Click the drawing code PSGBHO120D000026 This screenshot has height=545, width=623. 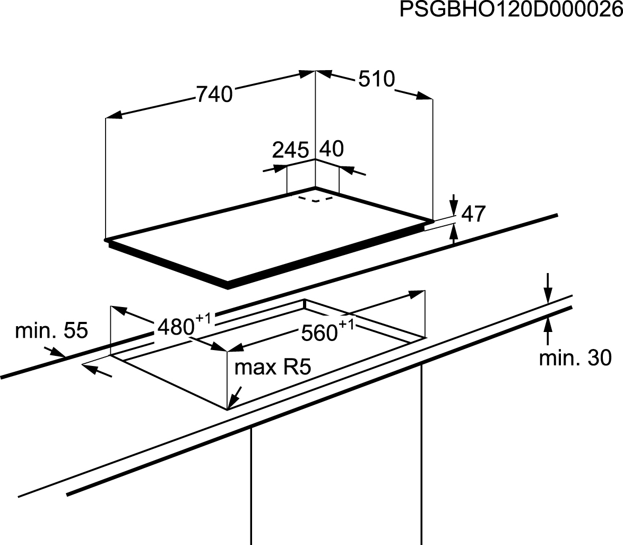[511, 9]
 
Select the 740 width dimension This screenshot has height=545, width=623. [214, 95]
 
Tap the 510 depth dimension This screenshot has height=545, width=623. [377, 79]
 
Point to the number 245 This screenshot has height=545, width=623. [290, 150]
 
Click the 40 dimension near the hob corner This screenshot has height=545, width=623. [332, 149]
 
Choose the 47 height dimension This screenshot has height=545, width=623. [473, 214]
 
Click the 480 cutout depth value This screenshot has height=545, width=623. [176, 327]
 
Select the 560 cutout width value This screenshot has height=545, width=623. [319, 333]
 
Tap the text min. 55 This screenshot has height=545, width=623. [51, 330]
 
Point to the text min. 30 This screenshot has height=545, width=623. [575, 358]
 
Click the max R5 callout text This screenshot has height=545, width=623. [273, 368]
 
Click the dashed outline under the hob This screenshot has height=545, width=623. [316, 199]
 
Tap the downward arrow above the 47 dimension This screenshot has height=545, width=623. [454, 205]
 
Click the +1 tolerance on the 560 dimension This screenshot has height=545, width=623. [346, 325]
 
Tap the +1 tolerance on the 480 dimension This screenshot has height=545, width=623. [203, 319]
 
